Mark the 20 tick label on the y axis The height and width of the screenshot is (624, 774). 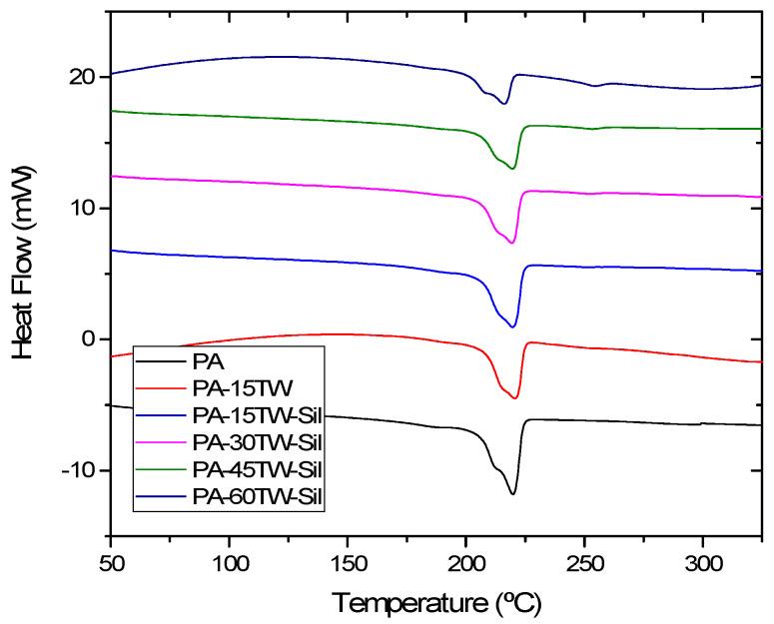tap(84, 77)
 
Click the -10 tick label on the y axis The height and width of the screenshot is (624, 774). tap(80, 470)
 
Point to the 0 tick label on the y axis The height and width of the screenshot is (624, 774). tap(92, 339)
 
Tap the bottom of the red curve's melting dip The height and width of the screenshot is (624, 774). tap(514, 398)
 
